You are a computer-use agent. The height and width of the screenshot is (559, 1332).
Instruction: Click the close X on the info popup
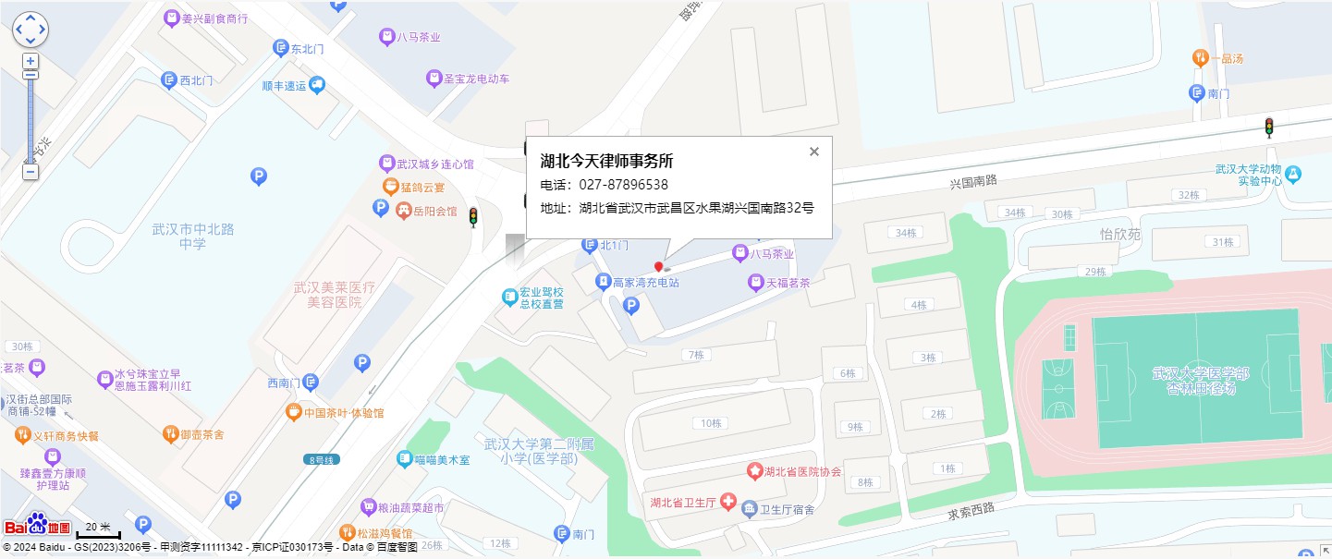point(814,152)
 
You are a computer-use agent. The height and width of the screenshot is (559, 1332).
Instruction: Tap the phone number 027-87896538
point(623,185)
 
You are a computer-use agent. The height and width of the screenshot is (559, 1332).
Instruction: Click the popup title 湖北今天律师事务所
point(606,161)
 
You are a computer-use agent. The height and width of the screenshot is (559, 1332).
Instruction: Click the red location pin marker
point(659,267)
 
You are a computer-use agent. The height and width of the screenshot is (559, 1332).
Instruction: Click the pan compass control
point(30,30)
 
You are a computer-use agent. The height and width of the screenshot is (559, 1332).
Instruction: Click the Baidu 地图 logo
point(38,526)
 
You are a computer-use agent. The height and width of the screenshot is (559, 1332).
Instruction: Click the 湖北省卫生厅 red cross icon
point(728,503)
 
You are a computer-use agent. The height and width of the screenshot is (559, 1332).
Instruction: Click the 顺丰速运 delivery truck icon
point(317,85)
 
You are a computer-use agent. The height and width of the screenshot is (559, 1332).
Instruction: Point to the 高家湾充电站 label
point(645,284)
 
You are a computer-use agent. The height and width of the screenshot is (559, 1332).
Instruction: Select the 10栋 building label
point(710,423)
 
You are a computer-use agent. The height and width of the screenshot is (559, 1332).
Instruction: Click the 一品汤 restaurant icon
point(1200,58)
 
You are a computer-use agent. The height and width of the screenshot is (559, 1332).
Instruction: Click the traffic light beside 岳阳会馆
point(473,218)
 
